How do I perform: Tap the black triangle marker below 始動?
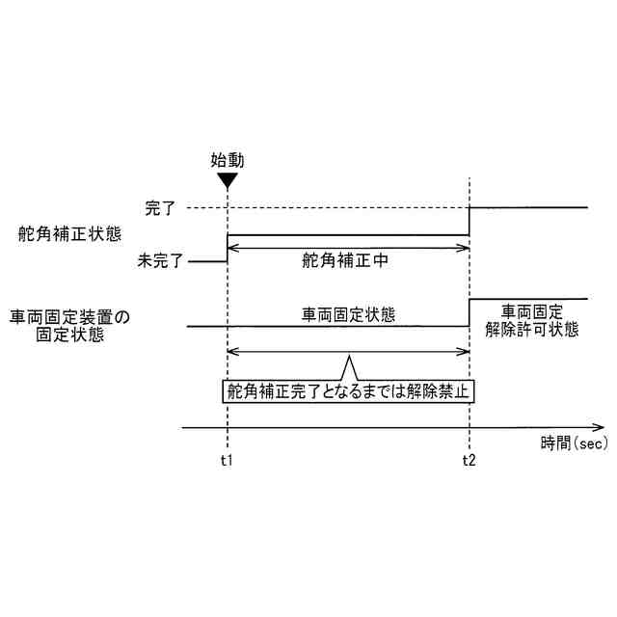[226, 180]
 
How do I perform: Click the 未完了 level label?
[160, 260]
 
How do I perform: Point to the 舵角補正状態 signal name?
[68, 234]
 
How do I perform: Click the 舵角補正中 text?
[345, 260]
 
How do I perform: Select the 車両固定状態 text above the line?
[348, 314]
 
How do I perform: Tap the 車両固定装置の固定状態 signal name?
[69, 326]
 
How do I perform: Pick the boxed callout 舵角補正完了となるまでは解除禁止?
[351, 391]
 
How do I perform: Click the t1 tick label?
[226, 460]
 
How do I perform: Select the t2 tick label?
[469, 460]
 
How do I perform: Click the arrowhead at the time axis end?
[600, 426]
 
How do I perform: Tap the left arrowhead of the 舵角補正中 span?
[230, 248]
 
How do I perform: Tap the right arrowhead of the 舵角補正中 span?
[464, 248]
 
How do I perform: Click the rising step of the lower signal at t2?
[469, 313]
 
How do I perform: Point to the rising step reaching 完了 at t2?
[469, 221]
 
